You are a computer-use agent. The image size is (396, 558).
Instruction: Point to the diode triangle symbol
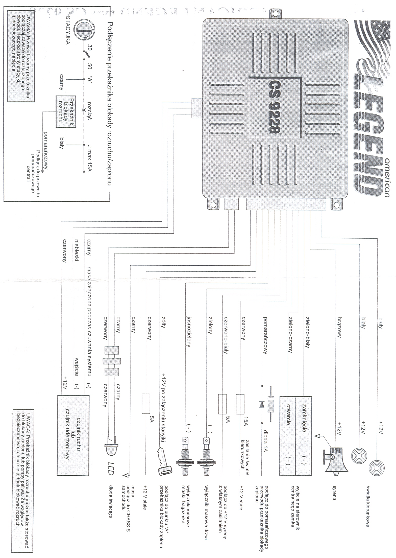(x=261, y=405)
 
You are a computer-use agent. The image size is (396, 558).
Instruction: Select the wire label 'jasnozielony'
(x=188, y=331)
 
